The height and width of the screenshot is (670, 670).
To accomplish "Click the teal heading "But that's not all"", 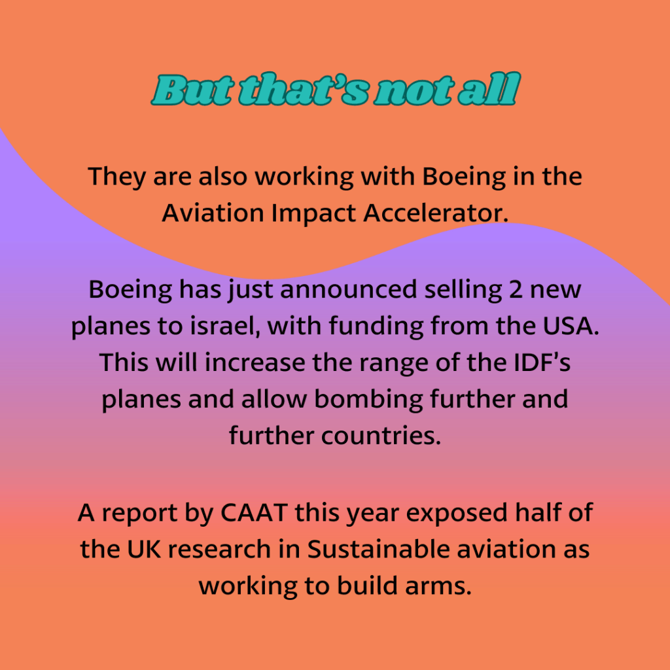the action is coord(336,89).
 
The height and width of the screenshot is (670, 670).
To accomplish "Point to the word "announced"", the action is coord(348,289).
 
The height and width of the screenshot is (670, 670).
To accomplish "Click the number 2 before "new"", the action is coord(516,289).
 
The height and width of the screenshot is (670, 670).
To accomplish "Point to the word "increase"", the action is coord(255,362).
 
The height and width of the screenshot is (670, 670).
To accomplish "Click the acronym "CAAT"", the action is coord(254,512).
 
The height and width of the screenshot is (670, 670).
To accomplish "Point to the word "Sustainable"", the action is coord(378,549).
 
